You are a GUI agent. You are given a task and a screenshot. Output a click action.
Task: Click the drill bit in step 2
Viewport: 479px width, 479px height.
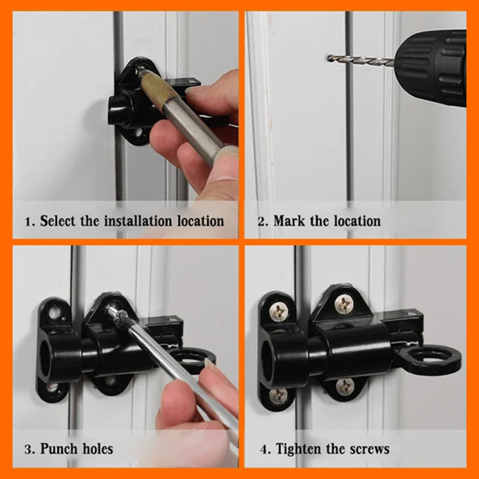[x=360, y=59]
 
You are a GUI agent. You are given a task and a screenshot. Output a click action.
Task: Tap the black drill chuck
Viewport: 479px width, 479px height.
[x=431, y=66]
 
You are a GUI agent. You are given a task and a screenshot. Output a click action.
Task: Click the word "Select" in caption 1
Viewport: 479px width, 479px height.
[x=57, y=220]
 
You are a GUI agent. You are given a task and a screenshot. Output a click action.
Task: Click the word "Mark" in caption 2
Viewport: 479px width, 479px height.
[x=289, y=221]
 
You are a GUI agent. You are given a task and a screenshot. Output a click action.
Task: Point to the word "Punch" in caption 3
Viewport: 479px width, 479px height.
[x=59, y=448]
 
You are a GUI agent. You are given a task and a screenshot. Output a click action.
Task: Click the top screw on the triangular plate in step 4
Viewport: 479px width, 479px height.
[x=344, y=304]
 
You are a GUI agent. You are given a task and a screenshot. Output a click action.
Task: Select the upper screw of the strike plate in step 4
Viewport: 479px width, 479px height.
[x=278, y=311]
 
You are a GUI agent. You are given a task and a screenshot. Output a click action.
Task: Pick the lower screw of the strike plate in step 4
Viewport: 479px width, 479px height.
[x=278, y=396]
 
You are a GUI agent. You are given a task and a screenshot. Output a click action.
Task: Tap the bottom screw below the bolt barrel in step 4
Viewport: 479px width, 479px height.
[x=345, y=386]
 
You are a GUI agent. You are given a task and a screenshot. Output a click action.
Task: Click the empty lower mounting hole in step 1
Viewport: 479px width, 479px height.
[x=139, y=132]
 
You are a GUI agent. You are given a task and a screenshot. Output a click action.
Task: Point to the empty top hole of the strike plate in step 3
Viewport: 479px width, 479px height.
[x=55, y=313]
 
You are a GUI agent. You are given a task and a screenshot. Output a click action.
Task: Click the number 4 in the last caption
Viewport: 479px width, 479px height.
[x=265, y=450]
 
